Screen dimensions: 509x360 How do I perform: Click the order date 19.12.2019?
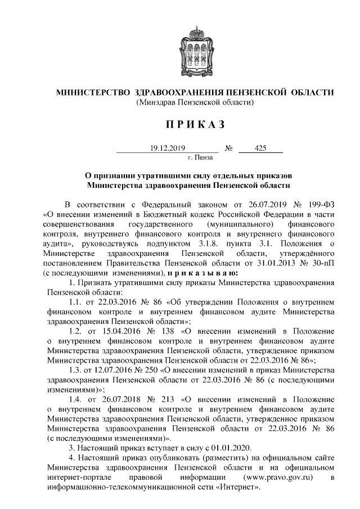point(163,148)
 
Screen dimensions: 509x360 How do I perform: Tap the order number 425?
point(260,148)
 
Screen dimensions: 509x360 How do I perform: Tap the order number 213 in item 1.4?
point(168,400)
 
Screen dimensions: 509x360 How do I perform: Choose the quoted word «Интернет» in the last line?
point(237,488)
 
